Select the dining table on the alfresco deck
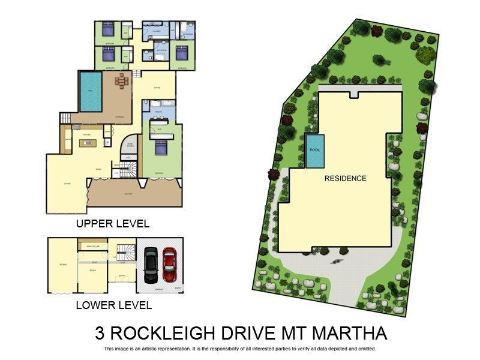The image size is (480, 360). (x=122, y=80)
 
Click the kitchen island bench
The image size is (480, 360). (x=87, y=143)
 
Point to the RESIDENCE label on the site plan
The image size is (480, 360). (x=345, y=178)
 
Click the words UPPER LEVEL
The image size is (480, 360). (x=112, y=224)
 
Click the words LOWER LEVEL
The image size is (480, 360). (x=113, y=305)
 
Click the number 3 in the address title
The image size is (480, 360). (x=100, y=333)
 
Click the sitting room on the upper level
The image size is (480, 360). (x=157, y=87)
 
